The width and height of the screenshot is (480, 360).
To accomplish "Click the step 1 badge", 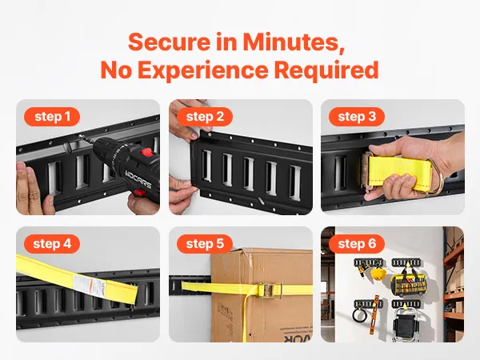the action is click(52, 117).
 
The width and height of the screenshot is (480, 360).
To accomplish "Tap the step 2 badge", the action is click(205, 117).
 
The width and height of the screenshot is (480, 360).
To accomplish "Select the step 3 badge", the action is click(357, 117).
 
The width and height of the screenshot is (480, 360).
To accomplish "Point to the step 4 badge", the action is click(52, 244).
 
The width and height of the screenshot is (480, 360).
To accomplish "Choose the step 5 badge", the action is click(205, 244).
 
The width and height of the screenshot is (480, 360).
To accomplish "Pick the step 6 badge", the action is click(357, 244).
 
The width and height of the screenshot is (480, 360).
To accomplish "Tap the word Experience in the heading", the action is click(202, 70).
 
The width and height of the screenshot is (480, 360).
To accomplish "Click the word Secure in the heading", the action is click(170, 42).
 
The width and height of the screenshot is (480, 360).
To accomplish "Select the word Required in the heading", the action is click(326, 70).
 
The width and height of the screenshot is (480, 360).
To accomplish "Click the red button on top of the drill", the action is click(147, 152).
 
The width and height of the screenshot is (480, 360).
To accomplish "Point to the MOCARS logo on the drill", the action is click(138, 179).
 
